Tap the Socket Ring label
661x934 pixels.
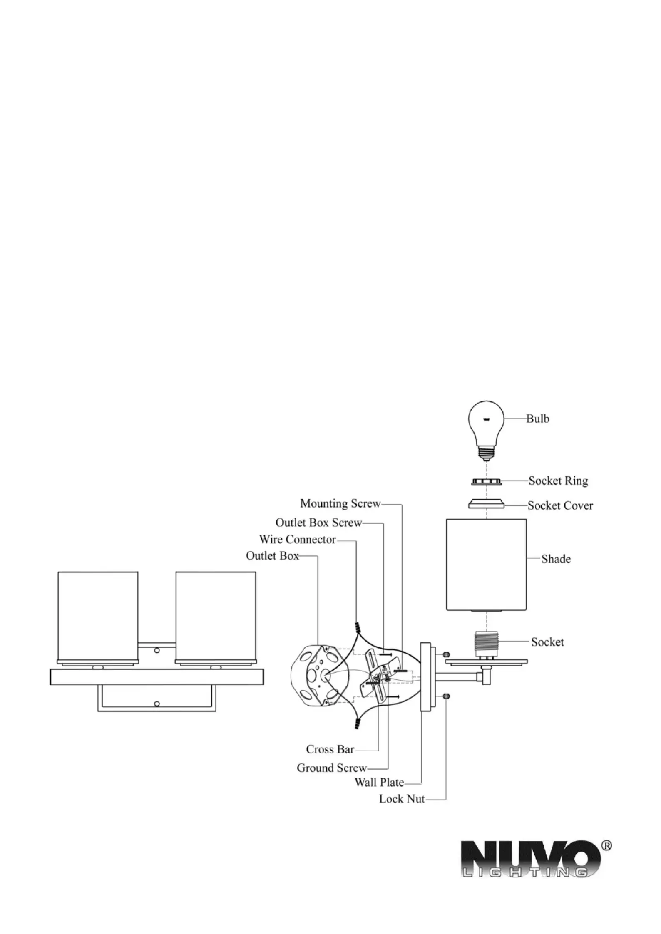click(558, 481)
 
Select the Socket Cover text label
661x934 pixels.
click(560, 505)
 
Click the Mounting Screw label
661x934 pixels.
click(340, 503)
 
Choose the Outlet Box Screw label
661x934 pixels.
click(318, 523)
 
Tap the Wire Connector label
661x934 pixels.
click(297, 539)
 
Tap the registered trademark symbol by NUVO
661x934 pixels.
click(607, 846)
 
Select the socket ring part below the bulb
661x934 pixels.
click(486, 482)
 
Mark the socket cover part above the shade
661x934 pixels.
click(486, 504)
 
